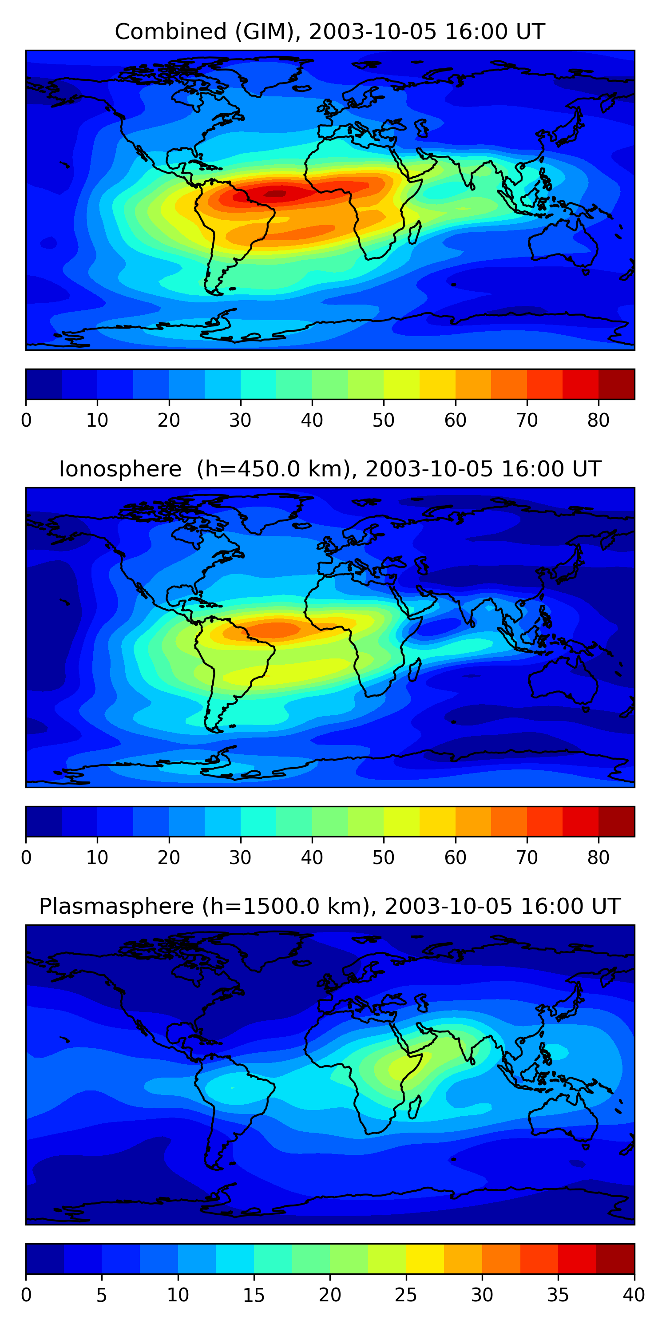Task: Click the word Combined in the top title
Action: click(x=170, y=32)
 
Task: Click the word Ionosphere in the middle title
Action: click(x=120, y=469)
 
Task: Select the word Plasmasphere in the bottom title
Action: click(x=116, y=907)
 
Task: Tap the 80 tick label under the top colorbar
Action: click(x=598, y=420)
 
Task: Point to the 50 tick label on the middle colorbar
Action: click(x=383, y=858)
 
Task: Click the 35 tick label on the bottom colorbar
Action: click(x=558, y=1295)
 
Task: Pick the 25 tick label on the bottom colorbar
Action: click(x=406, y=1295)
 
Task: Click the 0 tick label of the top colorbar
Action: click(x=26, y=420)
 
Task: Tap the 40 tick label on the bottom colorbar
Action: click(x=634, y=1295)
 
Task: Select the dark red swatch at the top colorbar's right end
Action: click(x=616, y=384)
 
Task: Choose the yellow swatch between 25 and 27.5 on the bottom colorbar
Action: click(x=425, y=1259)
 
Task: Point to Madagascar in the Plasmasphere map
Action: click(x=414, y=1108)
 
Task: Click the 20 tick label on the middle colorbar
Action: click(x=169, y=858)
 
